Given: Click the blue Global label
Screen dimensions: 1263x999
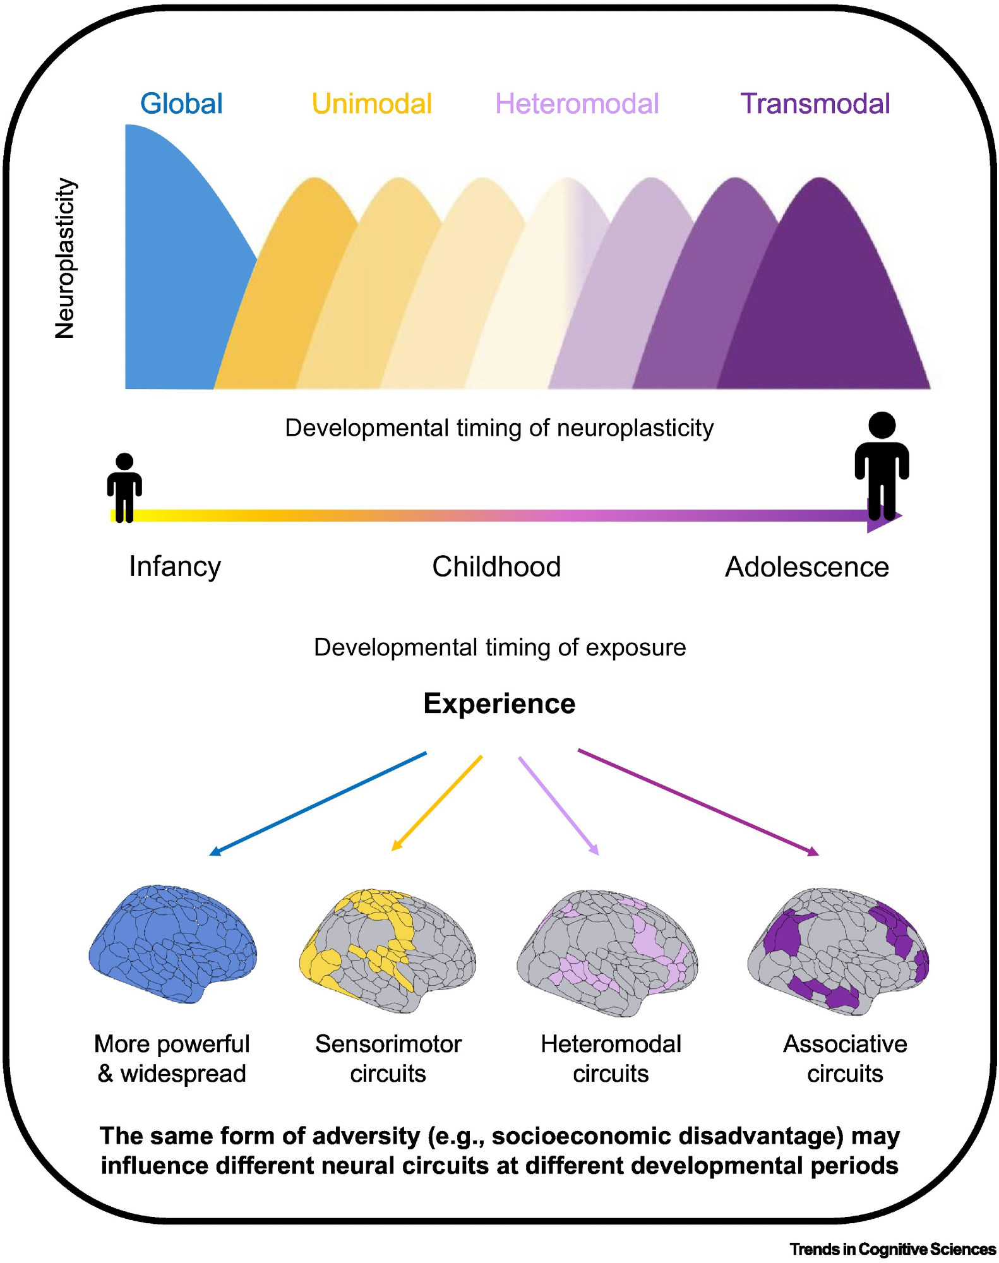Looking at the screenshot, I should click(181, 104).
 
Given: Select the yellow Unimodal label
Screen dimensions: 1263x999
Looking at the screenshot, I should click(372, 104).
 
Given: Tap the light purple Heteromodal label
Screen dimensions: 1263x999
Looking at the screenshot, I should click(577, 104).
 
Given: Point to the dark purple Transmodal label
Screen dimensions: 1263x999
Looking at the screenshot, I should click(815, 104).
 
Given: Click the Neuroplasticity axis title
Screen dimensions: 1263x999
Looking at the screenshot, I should click(65, 258).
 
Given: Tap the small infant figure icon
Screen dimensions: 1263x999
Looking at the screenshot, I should click(124, 487).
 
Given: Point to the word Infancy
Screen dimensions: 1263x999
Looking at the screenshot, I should click(175, 566).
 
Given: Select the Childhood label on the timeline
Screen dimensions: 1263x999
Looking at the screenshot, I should click(496, 566).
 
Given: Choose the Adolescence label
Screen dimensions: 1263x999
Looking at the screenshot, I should click(806, 566).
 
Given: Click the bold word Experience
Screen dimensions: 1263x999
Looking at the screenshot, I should click(499, 703).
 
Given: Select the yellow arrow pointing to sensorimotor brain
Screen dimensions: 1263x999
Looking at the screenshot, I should click(437, 803).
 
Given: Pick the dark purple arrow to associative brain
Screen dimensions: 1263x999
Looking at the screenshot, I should click(698, 802).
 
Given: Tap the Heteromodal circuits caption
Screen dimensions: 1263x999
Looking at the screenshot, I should click(611, 1058).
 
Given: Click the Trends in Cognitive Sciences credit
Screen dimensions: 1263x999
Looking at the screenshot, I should click(892, 1249).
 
